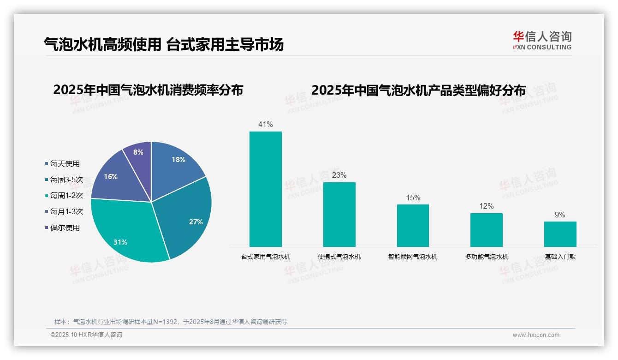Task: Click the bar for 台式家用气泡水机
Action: pyautogui.click(x=266, y=189)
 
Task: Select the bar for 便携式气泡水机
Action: pyautogui.click(x=339, y=215)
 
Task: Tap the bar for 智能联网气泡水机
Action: pyautogui.click(x=413, y=226)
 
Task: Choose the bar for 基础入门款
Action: pyautogui.click(x=560, y=234)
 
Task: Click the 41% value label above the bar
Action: pyautogui.click(x=266, y=124)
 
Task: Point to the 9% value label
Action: pyautogui.click(x=560, y=215)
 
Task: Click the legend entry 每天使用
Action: pyautogui.click(x=65, y=163)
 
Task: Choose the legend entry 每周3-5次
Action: pyautogui.click(x=66, y=180)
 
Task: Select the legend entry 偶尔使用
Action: pyautogui.click(x=65, y=228)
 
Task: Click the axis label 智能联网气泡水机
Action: pyautogui.click(x=413, y=257)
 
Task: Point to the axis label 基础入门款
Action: pyautogui.click(x=560, y=257)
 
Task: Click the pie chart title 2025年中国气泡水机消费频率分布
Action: pyautogui.click(x=148, y=90)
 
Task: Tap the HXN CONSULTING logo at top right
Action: pyautogui.click(x=542, y=41)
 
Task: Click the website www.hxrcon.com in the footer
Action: pyautogui.click(x=536, y=335)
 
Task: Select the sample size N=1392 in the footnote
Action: pyautogui.click(x=164, y=322)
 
